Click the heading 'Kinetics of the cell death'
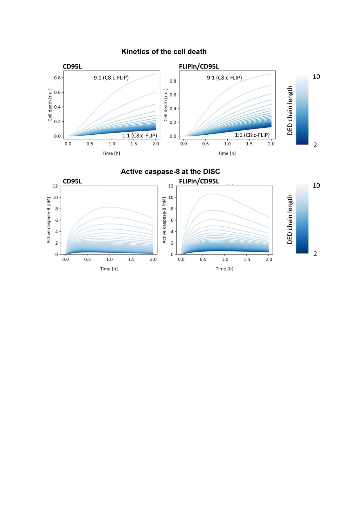pos(164,52)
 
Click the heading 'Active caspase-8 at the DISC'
pos(170,172)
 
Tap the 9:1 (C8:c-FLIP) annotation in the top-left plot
pos(111,77)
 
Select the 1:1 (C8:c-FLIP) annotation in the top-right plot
pos(252,135)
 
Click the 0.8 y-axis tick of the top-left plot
pos(57,78)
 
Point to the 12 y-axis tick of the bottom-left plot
pos(55,186)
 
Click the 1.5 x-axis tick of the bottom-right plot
pos(247,259)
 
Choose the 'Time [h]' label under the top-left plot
pos(111,153)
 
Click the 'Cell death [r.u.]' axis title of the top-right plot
pos(165,105)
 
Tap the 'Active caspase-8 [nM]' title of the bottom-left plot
pos(48,220)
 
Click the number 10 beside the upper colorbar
pos(316,77)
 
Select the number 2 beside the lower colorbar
pos(315,254)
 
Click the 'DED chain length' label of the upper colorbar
pos(290,110)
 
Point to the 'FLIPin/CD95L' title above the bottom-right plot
pos(199,181)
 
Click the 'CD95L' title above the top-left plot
pos(72,66)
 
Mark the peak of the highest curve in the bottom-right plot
pos(213,194)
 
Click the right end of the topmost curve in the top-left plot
pos(156,74)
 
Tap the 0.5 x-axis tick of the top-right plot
pos(206,144)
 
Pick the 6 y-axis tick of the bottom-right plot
pos(172,220)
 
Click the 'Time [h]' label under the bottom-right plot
pos(224,269)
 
